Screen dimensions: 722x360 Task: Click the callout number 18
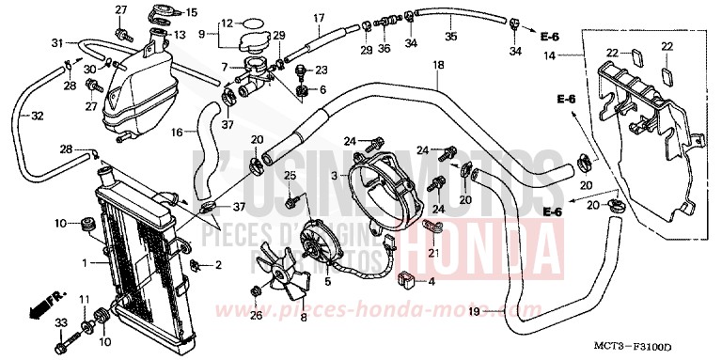tap(437, 66)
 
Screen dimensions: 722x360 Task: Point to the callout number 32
tap(37, 117)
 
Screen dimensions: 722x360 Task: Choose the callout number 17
tap(318, 17)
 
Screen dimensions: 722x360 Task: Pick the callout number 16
tap(177, 133)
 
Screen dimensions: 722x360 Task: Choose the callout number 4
tap(432, 281)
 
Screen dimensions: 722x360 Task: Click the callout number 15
tap(192, 12)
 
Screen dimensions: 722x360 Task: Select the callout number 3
tap(334, 177)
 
